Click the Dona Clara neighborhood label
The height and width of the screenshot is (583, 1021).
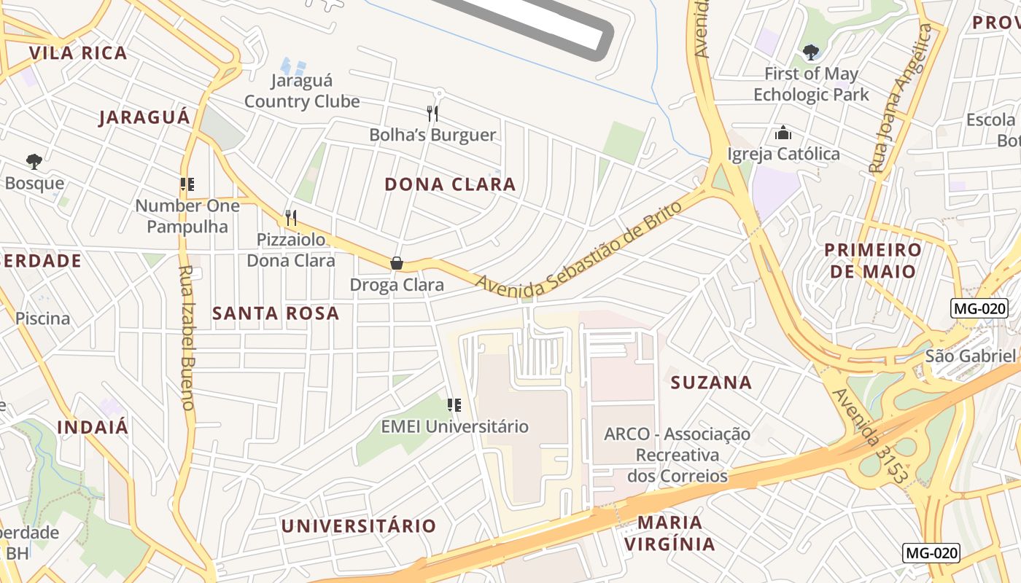(x=450, y=184)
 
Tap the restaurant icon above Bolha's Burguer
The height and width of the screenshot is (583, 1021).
(x=432, y=113)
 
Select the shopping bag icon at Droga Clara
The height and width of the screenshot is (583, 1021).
(x=397, y=263)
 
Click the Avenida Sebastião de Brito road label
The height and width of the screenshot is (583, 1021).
(x=580, y=248)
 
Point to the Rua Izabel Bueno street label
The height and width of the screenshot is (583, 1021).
(x=186, y=337)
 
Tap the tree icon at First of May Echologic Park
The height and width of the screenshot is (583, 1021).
(x=810, y=52)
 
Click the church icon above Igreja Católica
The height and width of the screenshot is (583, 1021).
(x=783, y=133)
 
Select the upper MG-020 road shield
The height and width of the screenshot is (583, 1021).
(x=979, y=308)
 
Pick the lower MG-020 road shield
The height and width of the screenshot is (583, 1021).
(x=931, y=552)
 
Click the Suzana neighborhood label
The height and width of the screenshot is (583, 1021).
(x=711, y=383)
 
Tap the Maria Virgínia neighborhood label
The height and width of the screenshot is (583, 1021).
(x=670, y=533)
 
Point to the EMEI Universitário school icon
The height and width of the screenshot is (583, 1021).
(x=454, y=404)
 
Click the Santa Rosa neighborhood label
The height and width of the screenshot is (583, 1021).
(x=276, y=313)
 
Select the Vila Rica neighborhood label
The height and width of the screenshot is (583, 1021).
(x=78, y=52)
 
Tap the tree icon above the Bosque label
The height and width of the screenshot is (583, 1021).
(x=34, y=161)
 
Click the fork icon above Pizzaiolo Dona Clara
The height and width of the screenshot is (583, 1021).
(x=290, y=217)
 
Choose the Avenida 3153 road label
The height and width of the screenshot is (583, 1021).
(x=870, y=437)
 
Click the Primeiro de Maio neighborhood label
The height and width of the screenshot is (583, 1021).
(x=873, y=261)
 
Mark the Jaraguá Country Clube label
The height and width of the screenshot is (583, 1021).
(x=302, y=90)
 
